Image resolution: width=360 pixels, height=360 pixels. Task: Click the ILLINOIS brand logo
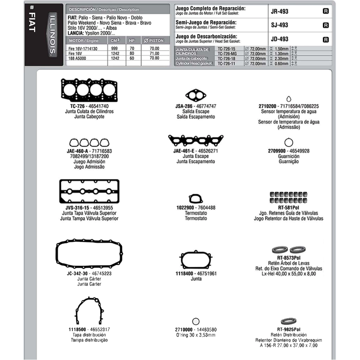coord(52,35)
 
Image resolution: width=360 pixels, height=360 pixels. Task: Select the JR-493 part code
coord(279,11)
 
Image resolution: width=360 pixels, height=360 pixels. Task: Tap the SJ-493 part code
coord(279,25)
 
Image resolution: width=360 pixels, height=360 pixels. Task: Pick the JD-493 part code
coord(279,39)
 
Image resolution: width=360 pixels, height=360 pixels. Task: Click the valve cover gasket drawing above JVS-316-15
coord(89,192)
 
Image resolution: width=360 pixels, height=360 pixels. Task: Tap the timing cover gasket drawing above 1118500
coord(89,311)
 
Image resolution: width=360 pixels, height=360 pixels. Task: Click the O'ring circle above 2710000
coord(196,321)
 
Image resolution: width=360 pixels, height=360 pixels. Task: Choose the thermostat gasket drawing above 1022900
coord(196,199)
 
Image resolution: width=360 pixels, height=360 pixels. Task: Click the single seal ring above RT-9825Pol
coord(288,321)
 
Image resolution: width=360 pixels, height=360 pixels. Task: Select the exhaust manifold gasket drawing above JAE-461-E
coord(196,141)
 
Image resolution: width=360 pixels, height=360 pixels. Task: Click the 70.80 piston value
coord(154,58)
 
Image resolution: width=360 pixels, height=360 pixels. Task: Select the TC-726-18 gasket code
coord(226,59)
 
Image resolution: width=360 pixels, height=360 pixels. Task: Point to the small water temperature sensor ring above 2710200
coord(289,99)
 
